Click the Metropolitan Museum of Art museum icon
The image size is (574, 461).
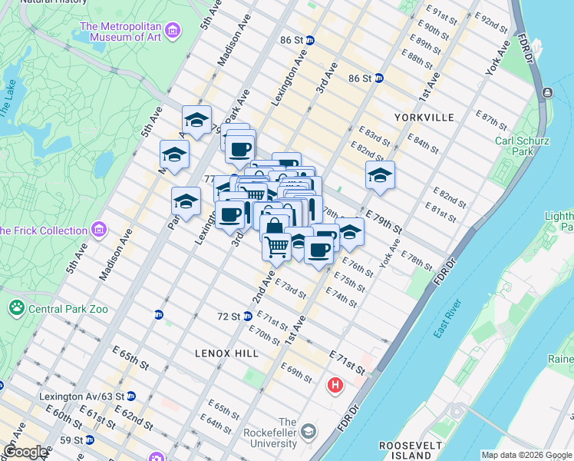pyautogui.click(x=173, y=32)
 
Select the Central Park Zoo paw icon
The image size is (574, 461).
pyautogui.click(x=16, y=309)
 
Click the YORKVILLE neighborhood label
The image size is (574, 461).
pyautogui.click(x=424, y=118)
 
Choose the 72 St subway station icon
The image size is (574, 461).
pyautogui.click(x=248, y=316)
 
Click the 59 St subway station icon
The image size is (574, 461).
pyautogui.click(x=89, y=440)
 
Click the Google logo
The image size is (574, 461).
pyautogui.click(x=25, y=452)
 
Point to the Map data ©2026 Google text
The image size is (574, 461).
pyautogui.click(x=526, y=455)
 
